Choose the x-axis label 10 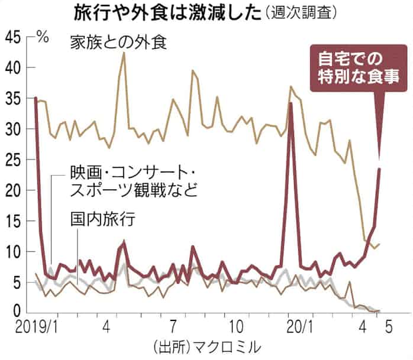point(235,326)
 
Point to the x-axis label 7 point(173,326)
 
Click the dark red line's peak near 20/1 point(291,104)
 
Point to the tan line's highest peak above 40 point(124,53)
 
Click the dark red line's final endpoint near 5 point(379,168)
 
